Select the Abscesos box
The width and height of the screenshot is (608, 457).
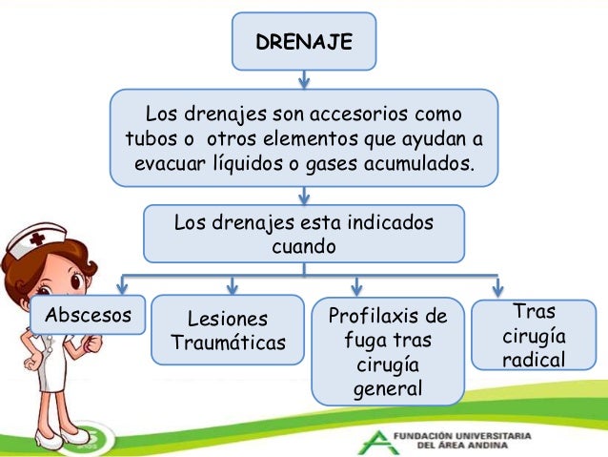tap(81, 315)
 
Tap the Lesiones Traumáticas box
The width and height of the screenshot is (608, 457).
tap(229, 330)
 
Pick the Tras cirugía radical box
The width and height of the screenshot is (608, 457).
tap(534, 335)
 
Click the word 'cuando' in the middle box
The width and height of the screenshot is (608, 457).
tap(303, 246)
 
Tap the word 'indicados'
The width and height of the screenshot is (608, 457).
tap(388, 223)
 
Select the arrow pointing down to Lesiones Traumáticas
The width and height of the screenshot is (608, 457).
tap(232, 285)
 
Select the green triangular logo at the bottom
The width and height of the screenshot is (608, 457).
tap(375, 440)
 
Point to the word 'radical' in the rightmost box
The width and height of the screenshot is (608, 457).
tap(534, 359)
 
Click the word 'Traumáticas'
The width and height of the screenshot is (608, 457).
tap(229, 343)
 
